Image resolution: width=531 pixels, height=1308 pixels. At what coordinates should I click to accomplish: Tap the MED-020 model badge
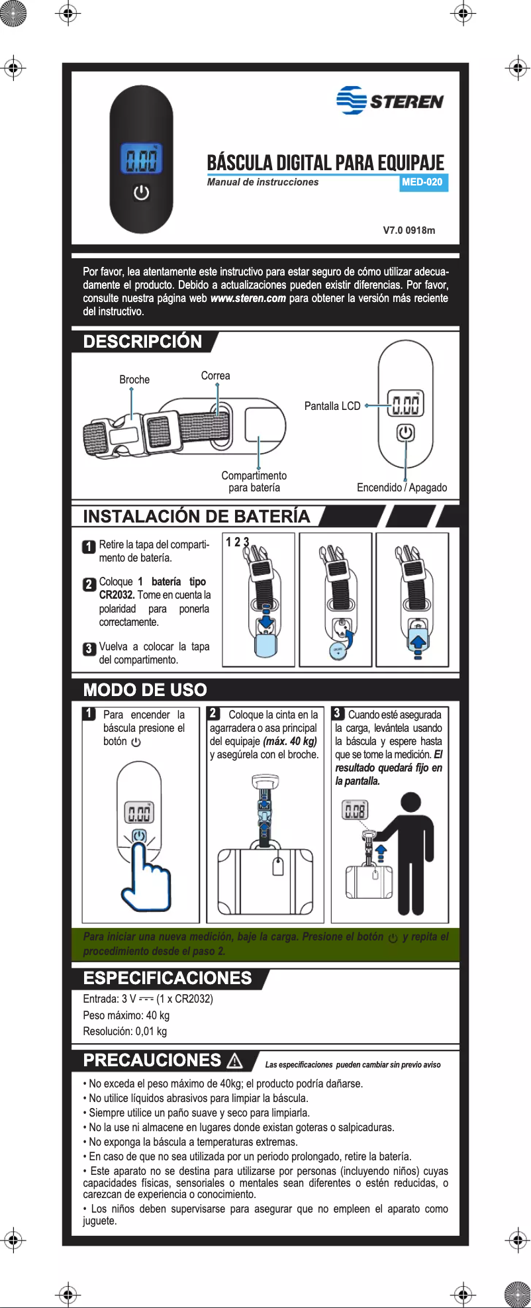tap(422, 182)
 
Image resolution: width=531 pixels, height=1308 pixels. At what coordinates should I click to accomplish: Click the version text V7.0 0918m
tap(409, 230)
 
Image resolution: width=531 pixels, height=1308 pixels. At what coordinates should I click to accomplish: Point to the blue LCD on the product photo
tap(141, 160)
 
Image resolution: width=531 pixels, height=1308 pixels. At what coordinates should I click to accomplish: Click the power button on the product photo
tap(141, 193)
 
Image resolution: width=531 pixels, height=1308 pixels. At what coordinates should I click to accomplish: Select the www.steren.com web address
tap(248, 298)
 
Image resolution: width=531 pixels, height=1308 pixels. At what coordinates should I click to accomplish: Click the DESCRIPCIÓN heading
tap(142, 342)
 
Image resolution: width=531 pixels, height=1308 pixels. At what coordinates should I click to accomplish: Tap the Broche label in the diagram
tap(134, 379)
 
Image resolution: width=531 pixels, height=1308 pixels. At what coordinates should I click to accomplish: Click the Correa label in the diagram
tap(215, 376)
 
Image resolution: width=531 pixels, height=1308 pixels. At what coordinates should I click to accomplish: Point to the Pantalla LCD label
tap(332, 406)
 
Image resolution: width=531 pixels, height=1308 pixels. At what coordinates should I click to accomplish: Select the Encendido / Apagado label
tap(401, 487)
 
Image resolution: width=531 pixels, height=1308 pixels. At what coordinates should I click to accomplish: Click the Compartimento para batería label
tap(254, 481)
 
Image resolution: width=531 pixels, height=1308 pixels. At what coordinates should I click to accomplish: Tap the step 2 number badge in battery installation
tap(89, 585)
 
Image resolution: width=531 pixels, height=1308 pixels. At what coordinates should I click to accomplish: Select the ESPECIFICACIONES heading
tap(167, 978)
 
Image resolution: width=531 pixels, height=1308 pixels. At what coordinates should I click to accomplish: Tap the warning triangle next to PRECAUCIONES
tap(234, 1061)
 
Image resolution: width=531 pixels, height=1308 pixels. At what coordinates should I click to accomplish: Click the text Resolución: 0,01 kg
tap(124, 1031)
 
